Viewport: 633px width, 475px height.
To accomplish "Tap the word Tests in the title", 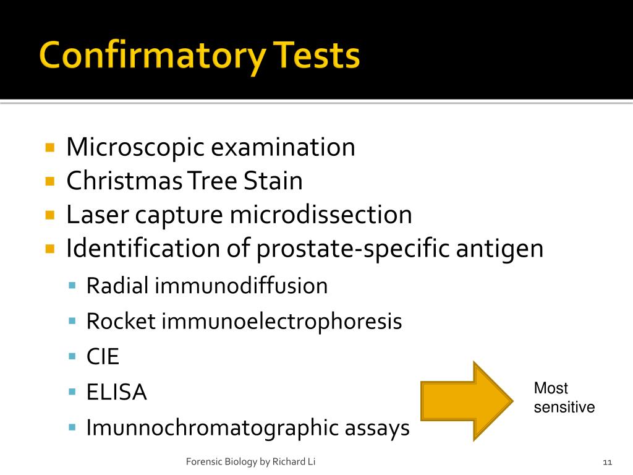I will [x=315, y=56].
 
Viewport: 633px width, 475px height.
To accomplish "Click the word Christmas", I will [x=124, y=181].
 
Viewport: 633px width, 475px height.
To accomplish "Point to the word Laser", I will [x=98, y=215].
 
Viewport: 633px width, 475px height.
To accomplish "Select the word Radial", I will [x=118, y=286].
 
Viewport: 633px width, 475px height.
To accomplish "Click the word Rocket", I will [x=121, y=322].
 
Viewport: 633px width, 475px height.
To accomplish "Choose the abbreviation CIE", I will [x=103, y=357].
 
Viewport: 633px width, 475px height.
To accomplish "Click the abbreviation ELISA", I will [x=116, y=392].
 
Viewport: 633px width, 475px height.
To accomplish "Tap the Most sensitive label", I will [x=564, y=398].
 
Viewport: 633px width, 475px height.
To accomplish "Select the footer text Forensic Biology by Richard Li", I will [x=252, y=462].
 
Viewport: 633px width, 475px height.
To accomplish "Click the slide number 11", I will [x=606, y=462].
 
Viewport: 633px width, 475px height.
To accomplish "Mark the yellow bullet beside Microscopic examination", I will [x=51, y=148].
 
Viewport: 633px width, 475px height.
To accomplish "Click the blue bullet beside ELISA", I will [x=72, y=392].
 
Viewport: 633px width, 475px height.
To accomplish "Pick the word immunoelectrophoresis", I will [x=282, y=322].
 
